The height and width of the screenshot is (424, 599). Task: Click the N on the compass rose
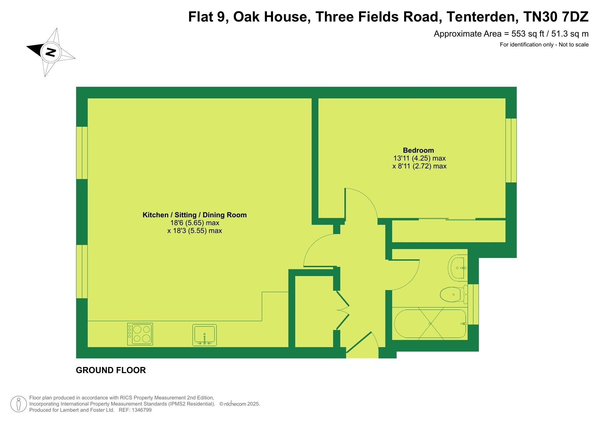click(x=51, y=52)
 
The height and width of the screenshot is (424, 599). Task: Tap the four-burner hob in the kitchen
click(x=140, y=334)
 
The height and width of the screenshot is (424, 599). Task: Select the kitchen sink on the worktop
click(x=204, y=335)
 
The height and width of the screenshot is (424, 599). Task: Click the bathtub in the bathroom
click(x=430, y=324)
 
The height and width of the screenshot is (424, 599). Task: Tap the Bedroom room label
click(x=418, y=150)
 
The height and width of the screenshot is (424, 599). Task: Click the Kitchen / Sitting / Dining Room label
click(x=195, y=215)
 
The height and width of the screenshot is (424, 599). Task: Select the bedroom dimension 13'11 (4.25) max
click(x=419, y=158)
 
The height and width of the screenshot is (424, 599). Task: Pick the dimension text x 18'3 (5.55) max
click(x=195, y=231)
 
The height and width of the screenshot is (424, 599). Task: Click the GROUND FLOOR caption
click(x=111, y=370)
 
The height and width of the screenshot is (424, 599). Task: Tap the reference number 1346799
click(x=140, y=410)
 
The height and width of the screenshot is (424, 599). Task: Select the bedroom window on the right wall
click(x=511, y=150)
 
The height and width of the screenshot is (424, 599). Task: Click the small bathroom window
click(x=473, y=304)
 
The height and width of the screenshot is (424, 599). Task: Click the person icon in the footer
click(x=19, y=404)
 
